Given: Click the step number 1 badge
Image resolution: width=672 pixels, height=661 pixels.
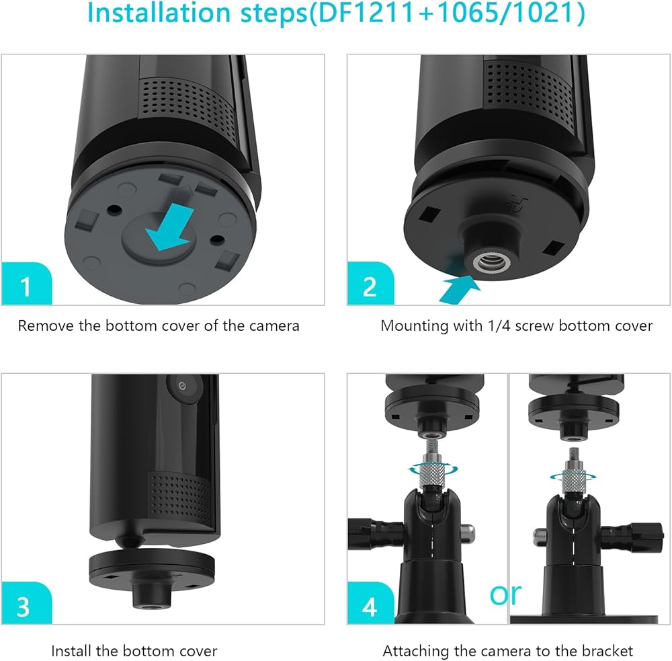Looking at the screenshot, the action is click(x=27, y=284).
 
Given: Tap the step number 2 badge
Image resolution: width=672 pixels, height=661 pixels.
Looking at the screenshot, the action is click(x=370, y=284).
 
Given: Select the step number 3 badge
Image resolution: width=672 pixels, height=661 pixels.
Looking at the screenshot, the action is click(x=27, y=603).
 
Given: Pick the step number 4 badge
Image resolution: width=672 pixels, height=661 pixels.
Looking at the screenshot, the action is click(x=370, y=603).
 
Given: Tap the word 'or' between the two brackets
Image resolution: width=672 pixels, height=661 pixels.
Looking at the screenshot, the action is click(x=505, y=594).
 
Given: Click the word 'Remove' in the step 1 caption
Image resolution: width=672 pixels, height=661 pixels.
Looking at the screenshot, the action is click(x=46, y=326).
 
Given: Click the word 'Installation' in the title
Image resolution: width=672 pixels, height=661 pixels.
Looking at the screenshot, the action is click(x=159, y=13).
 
